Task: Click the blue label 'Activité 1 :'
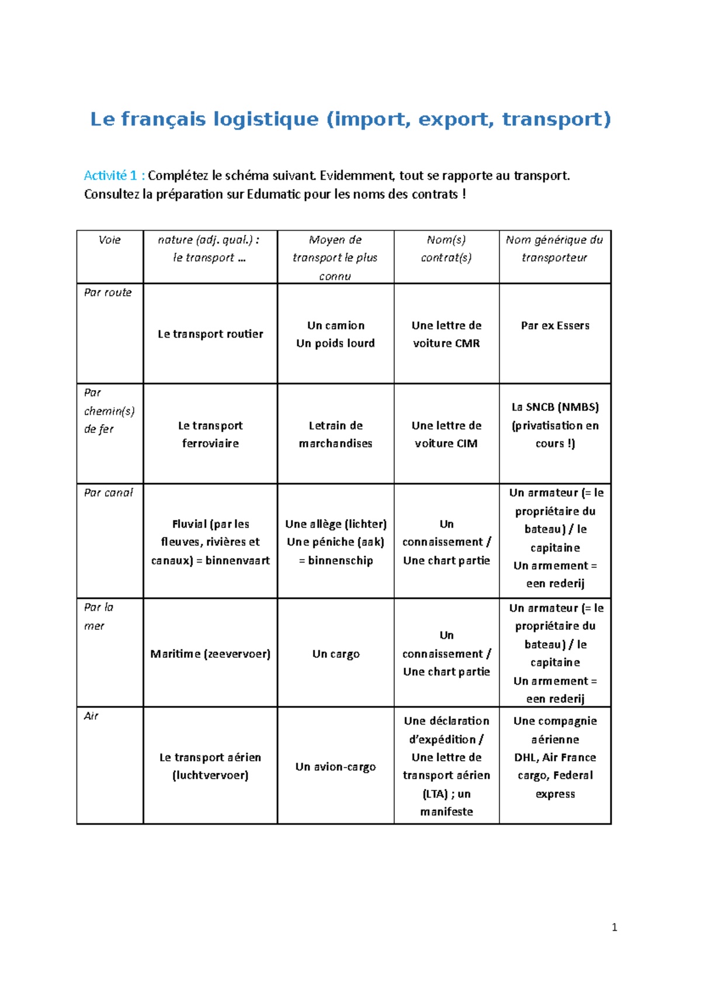114,176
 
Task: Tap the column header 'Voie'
109,240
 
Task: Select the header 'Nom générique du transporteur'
554,248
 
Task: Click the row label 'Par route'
107,293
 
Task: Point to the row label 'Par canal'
108,493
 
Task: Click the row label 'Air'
91,716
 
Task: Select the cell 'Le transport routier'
210,334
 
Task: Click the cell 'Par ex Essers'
555,326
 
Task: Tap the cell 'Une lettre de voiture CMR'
446,334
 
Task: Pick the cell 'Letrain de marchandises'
335,434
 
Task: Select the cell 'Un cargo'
335,654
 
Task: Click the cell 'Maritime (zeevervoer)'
210,654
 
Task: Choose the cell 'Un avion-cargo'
335,767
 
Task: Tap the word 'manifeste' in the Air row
446,812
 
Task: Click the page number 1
614,927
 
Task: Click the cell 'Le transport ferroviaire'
210,434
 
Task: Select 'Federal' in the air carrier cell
572,776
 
